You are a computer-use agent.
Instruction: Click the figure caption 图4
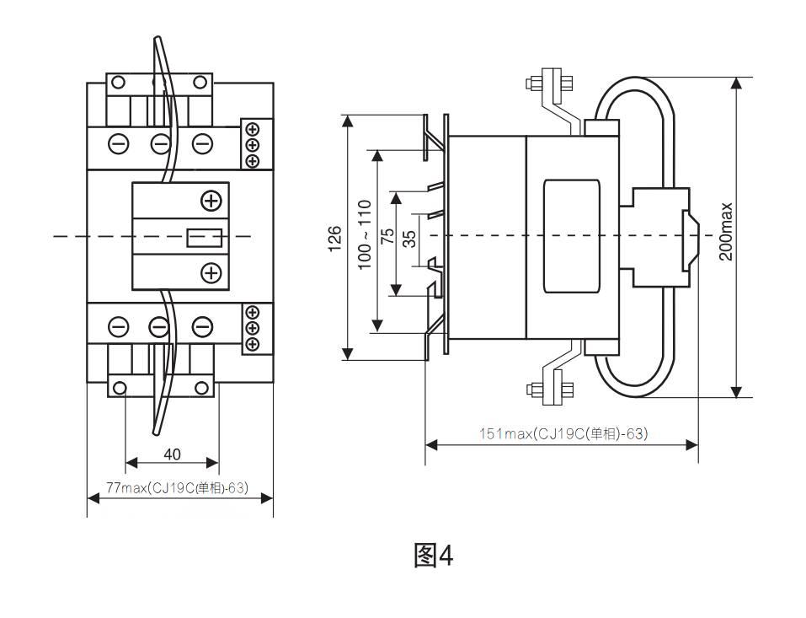[x=433, y=555]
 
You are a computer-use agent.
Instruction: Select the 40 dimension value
[x=172, y=454]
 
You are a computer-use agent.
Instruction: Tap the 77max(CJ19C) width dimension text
[x=177, y=488]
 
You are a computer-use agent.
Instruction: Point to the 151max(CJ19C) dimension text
[x=563, y=434]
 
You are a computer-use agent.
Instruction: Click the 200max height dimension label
[x=726, y=231]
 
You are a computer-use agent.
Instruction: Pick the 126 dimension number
[x=334, y=239]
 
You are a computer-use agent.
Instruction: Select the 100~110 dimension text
[x=365, y=234]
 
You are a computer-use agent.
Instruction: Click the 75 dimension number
[x=388, y=236]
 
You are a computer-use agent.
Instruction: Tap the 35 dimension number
[x=409, y=238]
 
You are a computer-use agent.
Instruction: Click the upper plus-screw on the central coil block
[x=211, y=201]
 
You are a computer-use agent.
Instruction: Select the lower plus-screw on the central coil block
[x=211, y=272]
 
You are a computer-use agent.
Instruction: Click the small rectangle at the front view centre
[x=204, y=237]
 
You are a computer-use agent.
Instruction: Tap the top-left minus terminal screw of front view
[x=119, y=143]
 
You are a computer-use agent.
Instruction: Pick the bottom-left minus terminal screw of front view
[x=119, y=327]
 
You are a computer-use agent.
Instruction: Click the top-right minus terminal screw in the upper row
[x=202, y=143]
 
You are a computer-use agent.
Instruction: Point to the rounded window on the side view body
[x=573, y=236]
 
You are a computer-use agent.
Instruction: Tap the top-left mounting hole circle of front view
[x=119, y=82]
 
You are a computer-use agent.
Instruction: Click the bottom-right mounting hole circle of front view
[x=202, y=388]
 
